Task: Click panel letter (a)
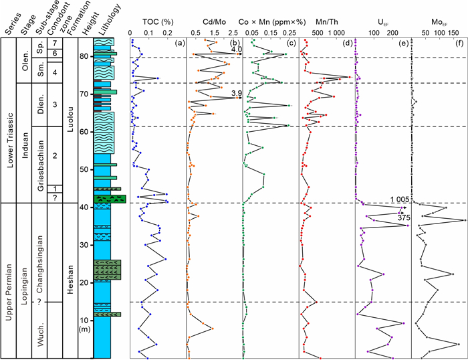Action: (x=179, y=43)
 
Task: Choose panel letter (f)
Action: (x=460, y=43)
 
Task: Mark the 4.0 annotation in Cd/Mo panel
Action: (x=235, y=50)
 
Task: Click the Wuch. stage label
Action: (x=40, y=332)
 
